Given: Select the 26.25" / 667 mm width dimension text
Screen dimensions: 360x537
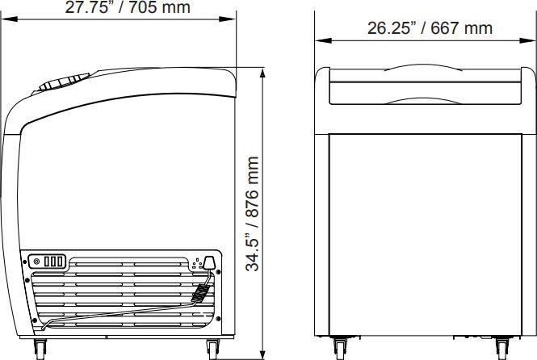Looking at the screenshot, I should (x=430, y=28).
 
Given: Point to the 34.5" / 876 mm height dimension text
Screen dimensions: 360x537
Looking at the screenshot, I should (x=253, y=214).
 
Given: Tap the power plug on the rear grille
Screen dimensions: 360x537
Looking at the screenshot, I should (x=208, y=262).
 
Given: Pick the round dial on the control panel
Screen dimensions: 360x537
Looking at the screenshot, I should (x=35, y=261).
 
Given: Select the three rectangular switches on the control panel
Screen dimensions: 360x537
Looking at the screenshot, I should (x=53, y=261).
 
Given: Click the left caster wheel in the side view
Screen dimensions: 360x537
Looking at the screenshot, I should (x=40, y=349).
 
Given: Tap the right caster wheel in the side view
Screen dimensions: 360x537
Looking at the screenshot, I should (x=213, y=349).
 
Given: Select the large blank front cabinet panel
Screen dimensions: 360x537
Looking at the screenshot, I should (x=425, y=234).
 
